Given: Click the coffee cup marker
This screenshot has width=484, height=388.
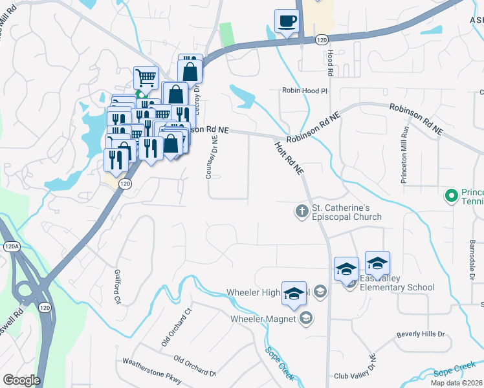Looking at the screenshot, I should [287, 21].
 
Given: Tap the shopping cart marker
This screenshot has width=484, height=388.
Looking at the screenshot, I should [146, 78].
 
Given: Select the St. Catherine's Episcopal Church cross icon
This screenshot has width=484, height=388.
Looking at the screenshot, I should [301, 211].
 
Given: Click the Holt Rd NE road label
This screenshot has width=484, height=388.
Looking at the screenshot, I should [289, 159].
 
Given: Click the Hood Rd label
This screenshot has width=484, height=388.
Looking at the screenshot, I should [329, 63].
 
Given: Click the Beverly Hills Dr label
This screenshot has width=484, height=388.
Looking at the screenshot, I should [421, 335].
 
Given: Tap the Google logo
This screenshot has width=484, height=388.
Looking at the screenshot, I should [21, 380].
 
